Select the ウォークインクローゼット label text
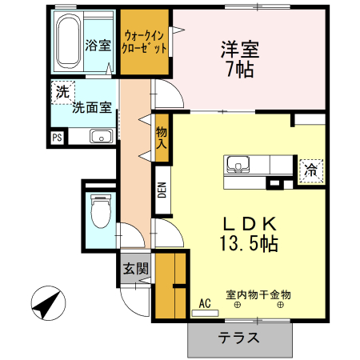coord(146,42)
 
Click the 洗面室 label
coord(94,106)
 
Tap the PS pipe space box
coord(57,138)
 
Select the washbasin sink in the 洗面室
coord(100,136)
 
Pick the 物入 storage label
coord(162,138)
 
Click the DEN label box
coord(162,190)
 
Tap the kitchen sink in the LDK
coord(238,165)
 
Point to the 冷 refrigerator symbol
coord(310,170)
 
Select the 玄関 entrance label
coord(135,270)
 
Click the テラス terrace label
coord(239,338)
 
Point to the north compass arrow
coord(46,305)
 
